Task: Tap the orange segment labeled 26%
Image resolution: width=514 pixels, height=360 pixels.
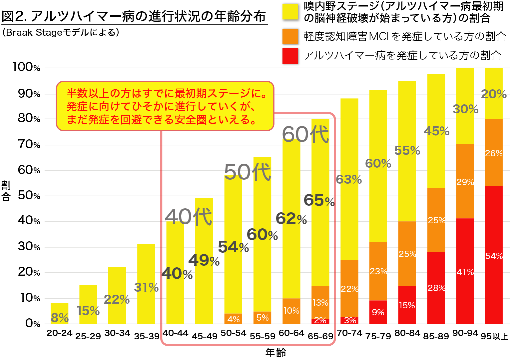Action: [x=493, y=153]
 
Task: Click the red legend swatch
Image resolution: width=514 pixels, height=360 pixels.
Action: [x=290, y=56]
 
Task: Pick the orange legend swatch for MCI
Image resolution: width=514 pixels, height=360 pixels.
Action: [x=290, y=36]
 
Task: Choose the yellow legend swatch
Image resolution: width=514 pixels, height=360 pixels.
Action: [x=290, y=12]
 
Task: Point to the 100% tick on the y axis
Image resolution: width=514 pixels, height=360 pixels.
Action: [x=26, y=67]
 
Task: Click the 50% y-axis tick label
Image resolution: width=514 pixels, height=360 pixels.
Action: [x=29, y=195]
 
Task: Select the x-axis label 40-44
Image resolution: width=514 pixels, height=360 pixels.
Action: [x=176, y=333]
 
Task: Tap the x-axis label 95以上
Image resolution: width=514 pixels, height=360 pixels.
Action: [x=494, y=336]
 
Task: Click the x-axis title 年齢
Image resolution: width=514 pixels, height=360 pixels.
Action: [x=275, y=353]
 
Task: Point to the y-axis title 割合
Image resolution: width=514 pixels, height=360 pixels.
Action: [x=6, y=191]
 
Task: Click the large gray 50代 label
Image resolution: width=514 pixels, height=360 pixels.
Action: [x=248, y=172]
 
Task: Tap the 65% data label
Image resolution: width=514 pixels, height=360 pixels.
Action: [x=319, y=200]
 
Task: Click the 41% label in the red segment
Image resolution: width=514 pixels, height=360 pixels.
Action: [x=465, y=272]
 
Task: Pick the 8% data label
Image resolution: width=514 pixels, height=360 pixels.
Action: [x=60, y=318]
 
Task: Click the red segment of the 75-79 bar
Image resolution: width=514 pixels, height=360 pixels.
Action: [x=378, y=312]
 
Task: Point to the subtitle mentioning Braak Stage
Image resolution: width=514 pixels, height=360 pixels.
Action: [x=60, y=32]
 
